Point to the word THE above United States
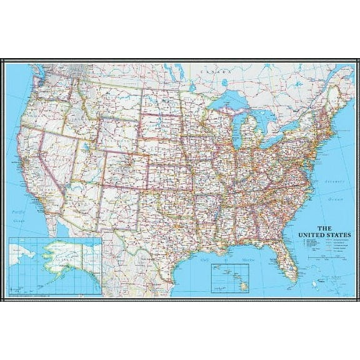tap(325, 228)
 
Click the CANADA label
tap(212, 73)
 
